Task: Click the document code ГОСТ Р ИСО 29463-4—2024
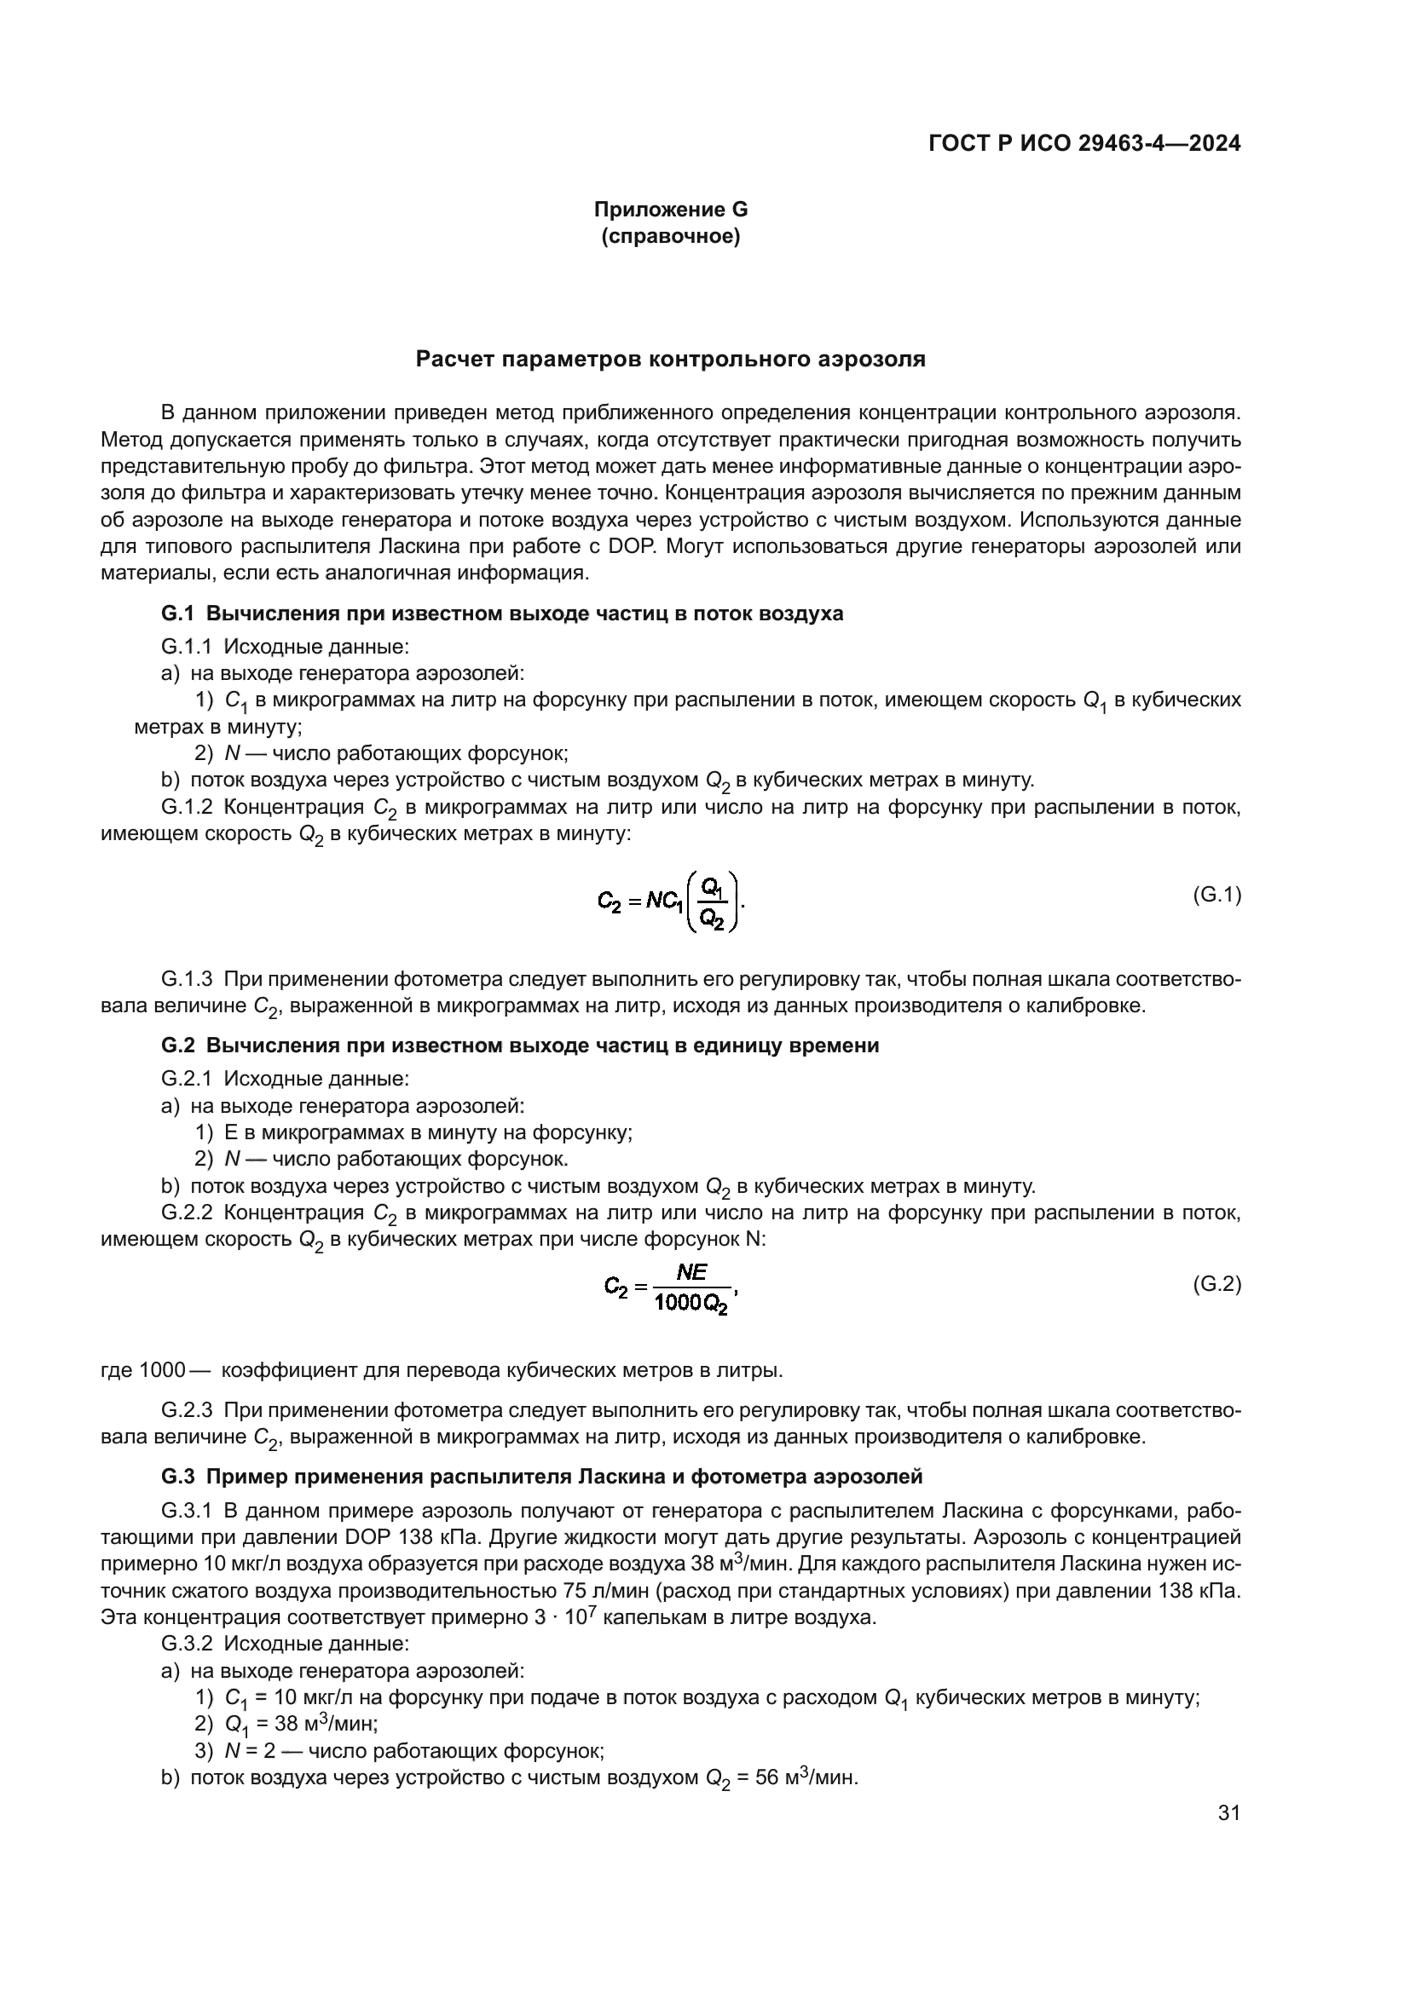pos(1084,144)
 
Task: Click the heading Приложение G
pos(670,210)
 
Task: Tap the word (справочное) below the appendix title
pos(670,236)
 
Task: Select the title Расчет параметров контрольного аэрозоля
pos(670,360)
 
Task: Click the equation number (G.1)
pos(1216,895)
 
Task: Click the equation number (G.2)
pos(1216,1284)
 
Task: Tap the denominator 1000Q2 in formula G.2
pos(692,1303)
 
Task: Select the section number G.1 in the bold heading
pos(177,613)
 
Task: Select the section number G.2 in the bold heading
pos(177,1046)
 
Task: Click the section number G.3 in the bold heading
pos(177,1477)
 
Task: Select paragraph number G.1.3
pos(187,980)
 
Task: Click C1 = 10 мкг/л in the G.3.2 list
pos(286,1698)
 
